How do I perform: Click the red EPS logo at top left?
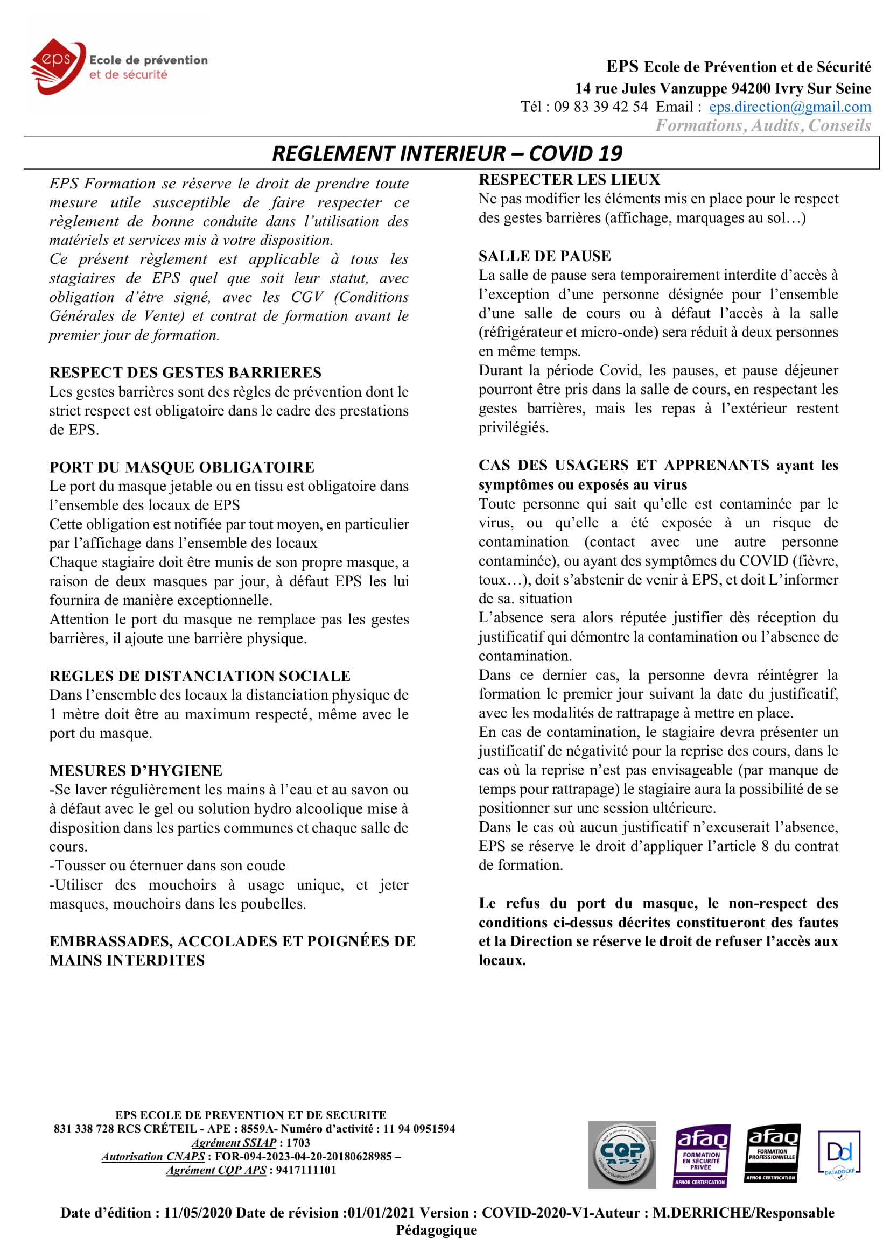(57, 66)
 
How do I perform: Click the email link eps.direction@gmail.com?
(790, 107)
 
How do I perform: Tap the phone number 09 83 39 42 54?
(600, 107)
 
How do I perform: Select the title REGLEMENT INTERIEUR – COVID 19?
(447, 153)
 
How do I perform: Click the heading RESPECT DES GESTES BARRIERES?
(185, 372)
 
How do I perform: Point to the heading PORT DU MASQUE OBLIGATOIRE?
(181, 467)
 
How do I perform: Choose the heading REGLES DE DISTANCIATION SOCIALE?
(200, 676)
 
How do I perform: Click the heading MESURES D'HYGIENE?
(136, 771)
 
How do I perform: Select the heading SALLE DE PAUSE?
(544, 256)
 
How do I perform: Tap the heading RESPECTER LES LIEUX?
(569, 180)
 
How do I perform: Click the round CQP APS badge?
(622, 1155)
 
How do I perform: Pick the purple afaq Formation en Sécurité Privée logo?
(702, 1155)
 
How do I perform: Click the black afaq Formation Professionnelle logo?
(772, 1153)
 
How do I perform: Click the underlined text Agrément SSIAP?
(234, 1143)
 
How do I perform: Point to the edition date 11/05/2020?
(198, 1213)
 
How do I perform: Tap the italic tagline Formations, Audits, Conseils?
(763, 126)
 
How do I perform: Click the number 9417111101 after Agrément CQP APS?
(305, 1170)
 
